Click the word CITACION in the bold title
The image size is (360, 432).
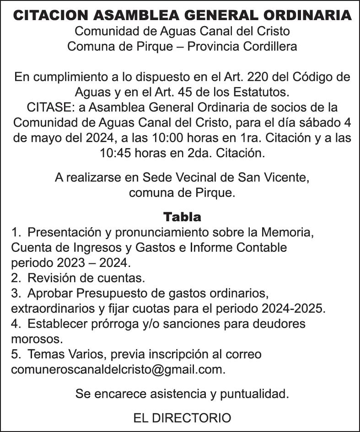click(x=51, y=16)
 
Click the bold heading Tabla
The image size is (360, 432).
click(x=182, y=216)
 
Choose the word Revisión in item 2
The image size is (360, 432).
click(x=50, y=277)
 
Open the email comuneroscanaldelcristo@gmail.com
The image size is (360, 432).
click(x=118, y=369)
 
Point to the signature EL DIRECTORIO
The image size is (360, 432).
click(x=182, y=417)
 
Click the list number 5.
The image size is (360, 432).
click(x=15, y=354)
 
